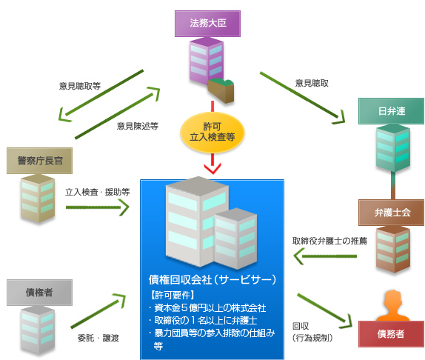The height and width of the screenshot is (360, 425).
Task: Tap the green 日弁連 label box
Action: [x=390, y=113]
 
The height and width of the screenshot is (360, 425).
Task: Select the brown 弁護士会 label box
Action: [x=390, y=212]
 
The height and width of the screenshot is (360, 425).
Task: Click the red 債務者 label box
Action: [x=390, y=333]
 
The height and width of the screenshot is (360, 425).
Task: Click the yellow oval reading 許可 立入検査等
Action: [x=212, y=131]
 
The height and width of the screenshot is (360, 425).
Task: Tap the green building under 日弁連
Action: [x=390, y=148]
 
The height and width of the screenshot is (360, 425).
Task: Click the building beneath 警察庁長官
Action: [x=36, y=196]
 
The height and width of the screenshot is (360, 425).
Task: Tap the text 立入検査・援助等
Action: [x=97, y=190]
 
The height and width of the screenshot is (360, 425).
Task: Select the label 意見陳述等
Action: [x=138, y=126]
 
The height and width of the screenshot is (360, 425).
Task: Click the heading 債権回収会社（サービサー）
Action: [x=212, y=279]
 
